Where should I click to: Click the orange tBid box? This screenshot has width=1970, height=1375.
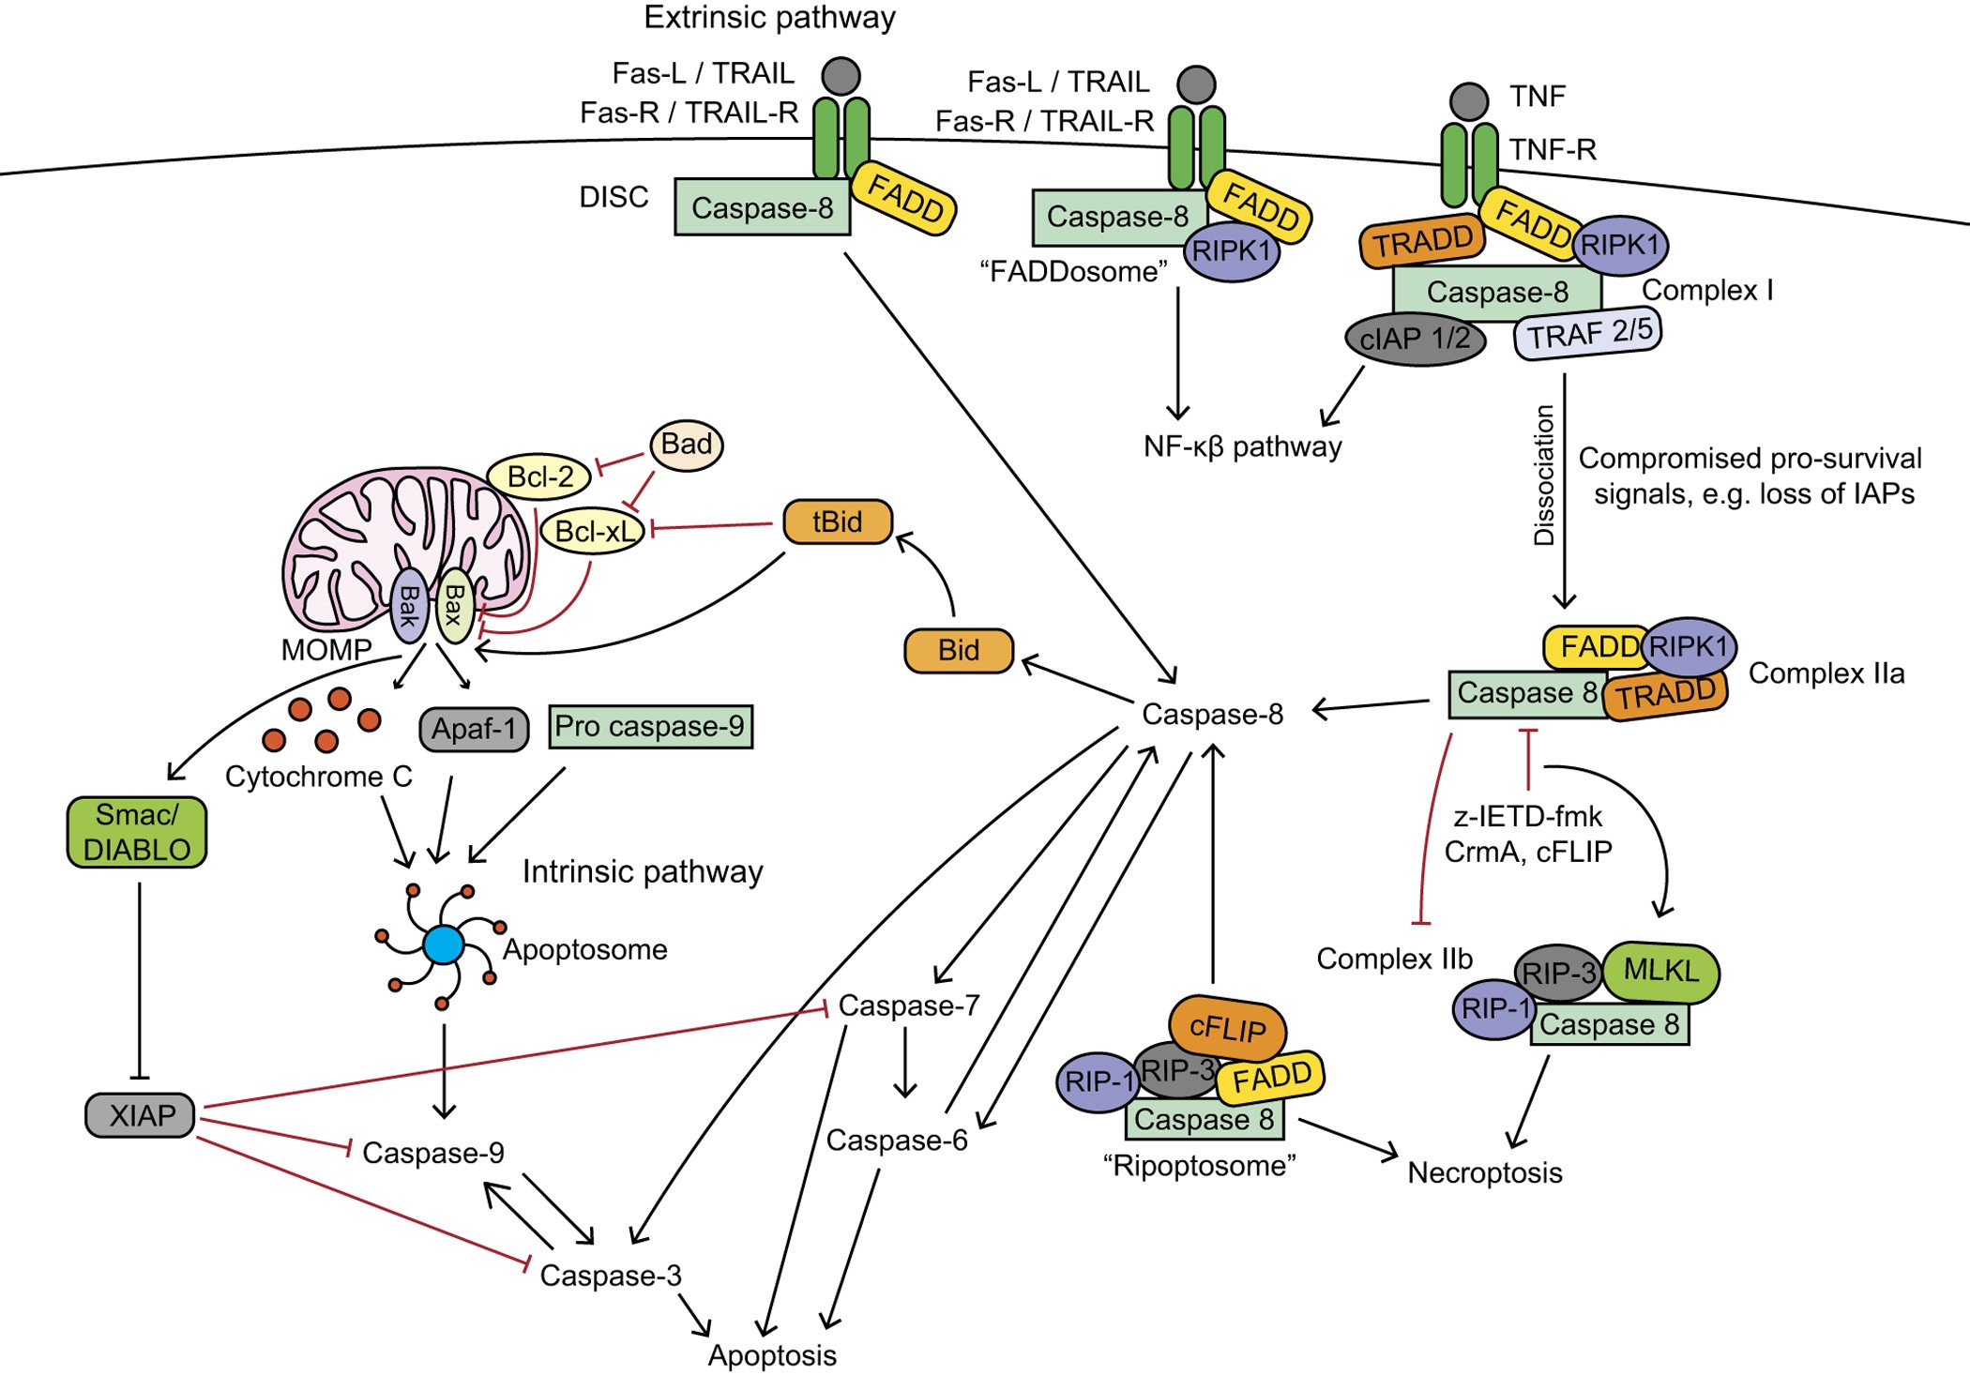tap(837, 521)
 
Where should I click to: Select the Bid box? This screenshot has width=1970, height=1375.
tap(958, 650)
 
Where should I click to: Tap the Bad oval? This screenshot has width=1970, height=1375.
tap(686, 445)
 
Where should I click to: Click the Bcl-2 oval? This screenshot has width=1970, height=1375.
tap(539, 476)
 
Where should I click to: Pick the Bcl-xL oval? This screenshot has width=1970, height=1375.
tap(594, 531)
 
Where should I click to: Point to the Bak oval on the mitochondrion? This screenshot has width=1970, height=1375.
tap(409, 607)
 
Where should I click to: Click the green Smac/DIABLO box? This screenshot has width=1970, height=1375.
tap(137, 832)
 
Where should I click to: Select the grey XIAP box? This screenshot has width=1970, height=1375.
tap(141, 1115)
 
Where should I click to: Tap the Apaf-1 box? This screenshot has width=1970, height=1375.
tap(474, 729)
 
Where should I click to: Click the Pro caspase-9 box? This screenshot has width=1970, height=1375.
tap(650, 726)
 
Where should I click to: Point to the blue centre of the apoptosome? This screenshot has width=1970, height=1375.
tap(443, 944)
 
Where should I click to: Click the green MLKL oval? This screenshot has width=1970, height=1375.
tap(1660, 971)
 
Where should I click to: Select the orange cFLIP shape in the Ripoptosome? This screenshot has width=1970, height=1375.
tap(1227, 1028)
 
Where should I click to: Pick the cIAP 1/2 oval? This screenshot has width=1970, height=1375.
tap(1415, 339)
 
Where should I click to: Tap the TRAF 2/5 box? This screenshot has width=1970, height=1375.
tap(1587, 333)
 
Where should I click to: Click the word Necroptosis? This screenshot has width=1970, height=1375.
tap(1484, 1172)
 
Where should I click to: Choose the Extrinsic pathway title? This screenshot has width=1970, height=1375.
tap(769, 17)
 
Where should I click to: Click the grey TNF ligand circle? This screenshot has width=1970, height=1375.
tap(1468, 101)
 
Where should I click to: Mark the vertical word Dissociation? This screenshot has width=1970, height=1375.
tap(1543, 476)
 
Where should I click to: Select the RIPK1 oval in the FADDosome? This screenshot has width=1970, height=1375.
tap(1232, 251)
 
